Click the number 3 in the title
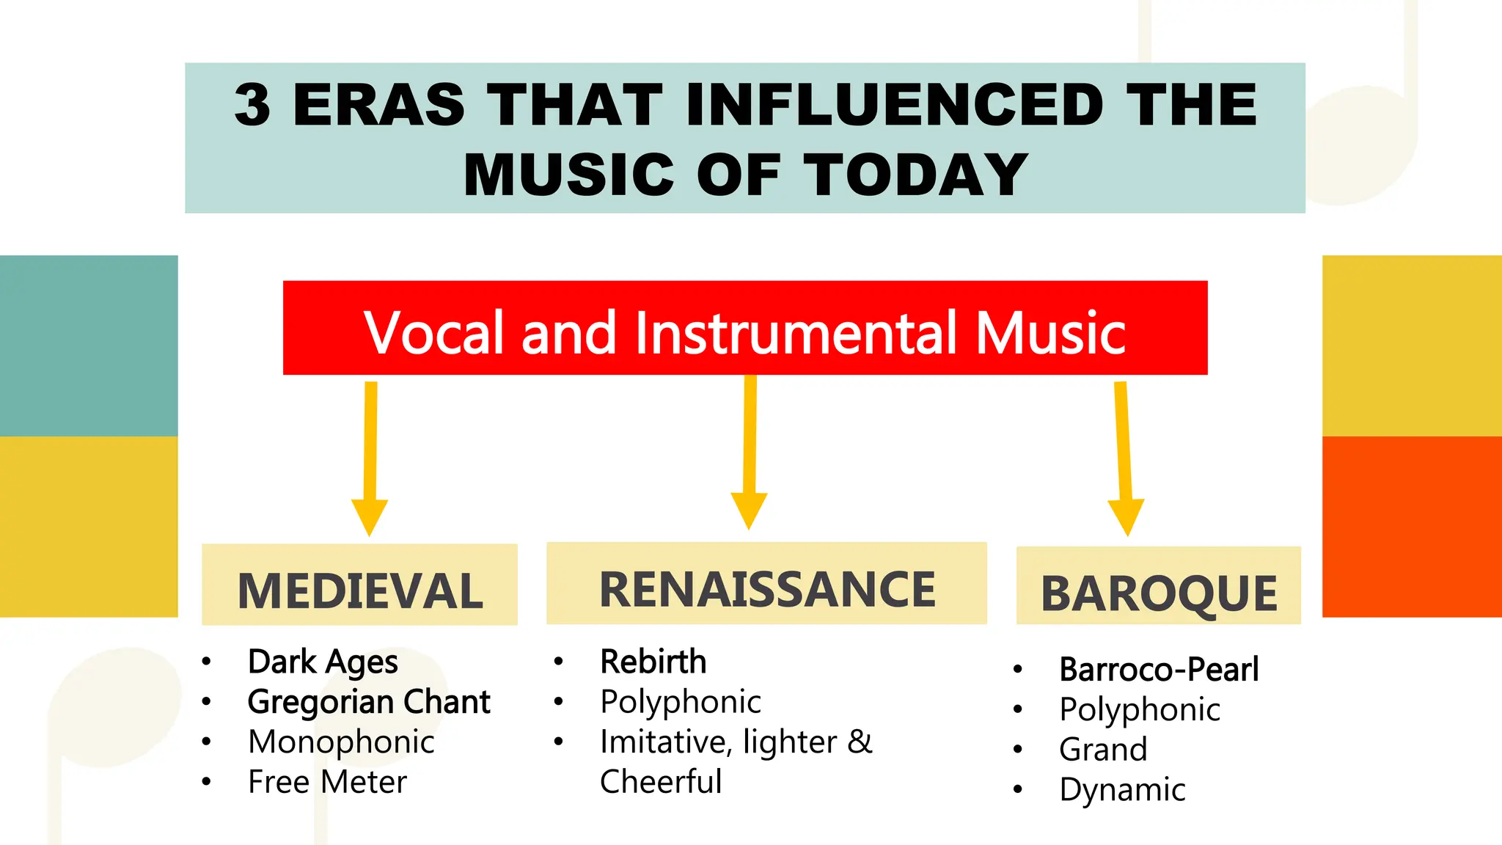click(253, 105)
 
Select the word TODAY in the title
click(917, 175)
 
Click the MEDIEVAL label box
click(359, 585)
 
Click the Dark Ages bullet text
click(323, 662)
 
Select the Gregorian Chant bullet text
click(369, 702)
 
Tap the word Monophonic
click(341, 742)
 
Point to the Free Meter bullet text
click(327, 782)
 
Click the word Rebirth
click(653, 662)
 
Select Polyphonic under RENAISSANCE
click(680, 702)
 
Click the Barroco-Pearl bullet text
click(1159, 670)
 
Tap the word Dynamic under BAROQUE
click(1122, 790)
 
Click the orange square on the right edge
click(1412, 527)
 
